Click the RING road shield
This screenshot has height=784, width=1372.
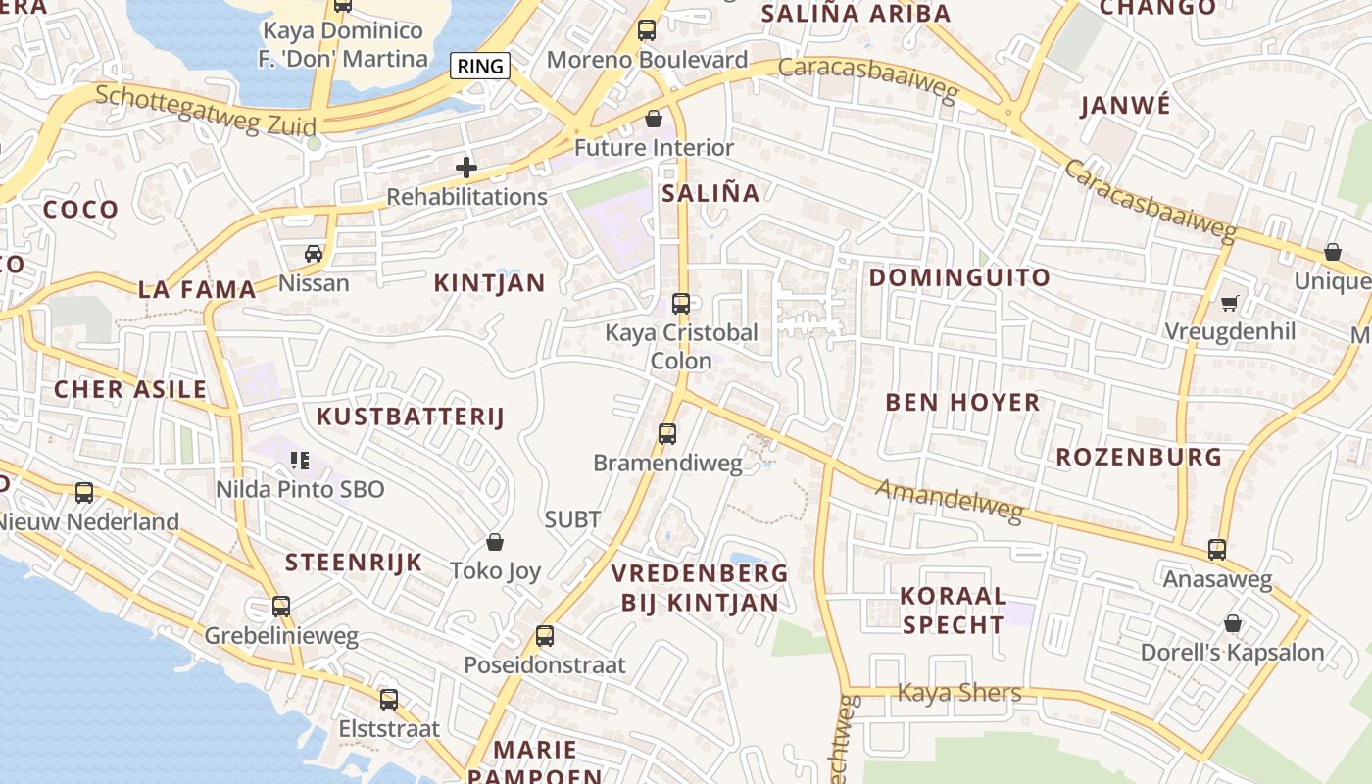(x=480, y=67)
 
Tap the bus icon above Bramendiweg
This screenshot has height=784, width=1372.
(x=667, y=433)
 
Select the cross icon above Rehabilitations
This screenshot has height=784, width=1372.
(x=466, y=168)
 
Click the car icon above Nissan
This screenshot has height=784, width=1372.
(x=314, y=254)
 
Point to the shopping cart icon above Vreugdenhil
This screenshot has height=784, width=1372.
(x=1230, y=303)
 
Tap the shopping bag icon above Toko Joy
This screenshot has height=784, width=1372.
(x=496, y=542)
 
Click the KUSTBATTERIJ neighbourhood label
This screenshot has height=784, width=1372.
(x=410, y=416)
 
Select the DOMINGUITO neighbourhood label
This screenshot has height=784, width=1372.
(x=959, y=277)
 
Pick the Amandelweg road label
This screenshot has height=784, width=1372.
(x=949, y=500)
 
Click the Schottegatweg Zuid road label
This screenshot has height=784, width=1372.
(x=206, y=109)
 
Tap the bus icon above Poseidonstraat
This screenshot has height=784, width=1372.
(x=545, y=636)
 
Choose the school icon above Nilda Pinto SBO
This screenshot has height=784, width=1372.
(x=300, y=460)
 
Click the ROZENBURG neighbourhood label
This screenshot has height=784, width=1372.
(x=1139, y=457)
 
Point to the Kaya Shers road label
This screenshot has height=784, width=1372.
(x=959, y=693)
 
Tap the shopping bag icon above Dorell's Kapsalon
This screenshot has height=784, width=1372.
(x=1233, y=623)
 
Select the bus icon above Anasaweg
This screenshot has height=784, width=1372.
(x=1217, y=550)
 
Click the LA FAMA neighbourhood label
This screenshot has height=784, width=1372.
(x=197, y=289)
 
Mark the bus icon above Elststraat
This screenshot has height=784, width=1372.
(x=389, y=700)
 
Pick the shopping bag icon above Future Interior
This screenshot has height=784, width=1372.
(x=654, y=119)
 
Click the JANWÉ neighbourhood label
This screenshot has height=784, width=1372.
(x=1125, y=105)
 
